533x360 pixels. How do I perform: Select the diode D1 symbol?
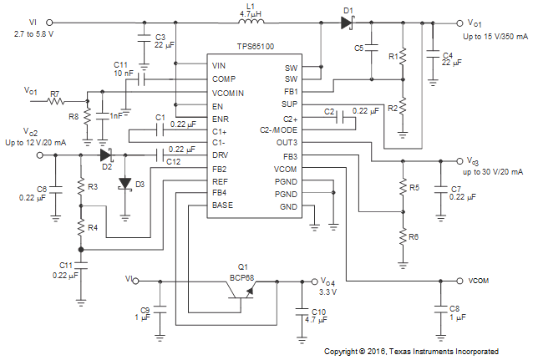(347, 23)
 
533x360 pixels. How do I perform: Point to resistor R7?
(55, 101)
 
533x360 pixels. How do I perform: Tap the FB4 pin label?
(221, 192)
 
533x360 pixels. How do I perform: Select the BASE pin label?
(222, 205)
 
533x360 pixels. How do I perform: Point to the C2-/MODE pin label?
(278, 132)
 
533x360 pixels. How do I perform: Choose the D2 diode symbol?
(105, 155)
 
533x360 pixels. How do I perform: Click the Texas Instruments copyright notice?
(411, 352)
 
